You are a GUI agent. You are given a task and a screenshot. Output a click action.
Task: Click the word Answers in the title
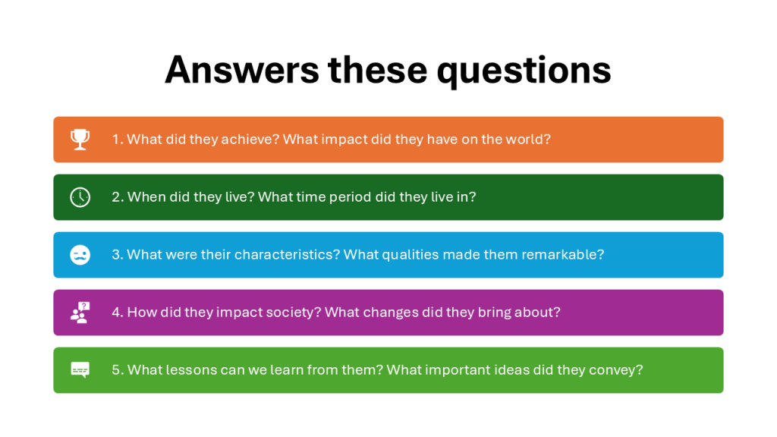(242, 70)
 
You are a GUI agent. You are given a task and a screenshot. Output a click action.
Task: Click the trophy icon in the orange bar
(80, 140)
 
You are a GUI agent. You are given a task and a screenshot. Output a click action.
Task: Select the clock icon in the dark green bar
(80, 197)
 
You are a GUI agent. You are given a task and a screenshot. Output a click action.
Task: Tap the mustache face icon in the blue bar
(80, 255)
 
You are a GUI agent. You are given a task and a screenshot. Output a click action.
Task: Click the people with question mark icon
(80, 313)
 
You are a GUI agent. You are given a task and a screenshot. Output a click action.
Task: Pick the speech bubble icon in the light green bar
(80, 370)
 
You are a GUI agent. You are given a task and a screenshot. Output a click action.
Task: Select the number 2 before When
(116, 197)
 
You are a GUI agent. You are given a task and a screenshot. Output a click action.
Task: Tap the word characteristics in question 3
(287, 255)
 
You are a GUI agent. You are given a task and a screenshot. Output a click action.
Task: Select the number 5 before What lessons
(116, 370)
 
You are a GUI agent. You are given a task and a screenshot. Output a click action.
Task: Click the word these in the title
(378, 70)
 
